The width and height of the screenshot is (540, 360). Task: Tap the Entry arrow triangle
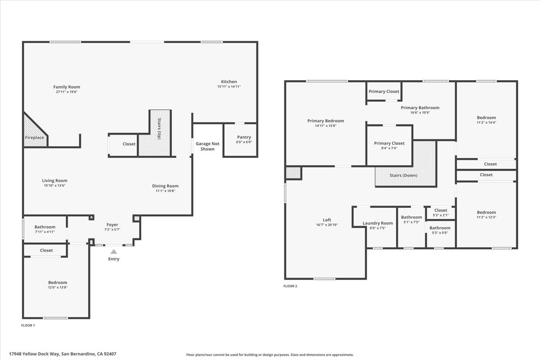click(x=114, y=252)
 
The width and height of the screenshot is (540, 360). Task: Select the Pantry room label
click(x=244, y=137)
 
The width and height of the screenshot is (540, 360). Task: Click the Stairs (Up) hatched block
click(x=155, y=135)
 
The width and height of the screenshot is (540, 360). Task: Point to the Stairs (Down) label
click(x=403, y=175)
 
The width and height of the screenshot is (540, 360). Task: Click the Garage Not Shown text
click(x=207, y=146)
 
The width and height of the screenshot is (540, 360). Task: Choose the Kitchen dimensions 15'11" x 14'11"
click(x=229, y=86)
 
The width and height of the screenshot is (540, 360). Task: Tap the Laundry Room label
click(x=378, y=223)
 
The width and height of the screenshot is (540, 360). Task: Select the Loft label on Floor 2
click(x=327, y=220)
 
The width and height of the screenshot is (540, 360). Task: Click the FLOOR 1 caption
click(x=28, y=325)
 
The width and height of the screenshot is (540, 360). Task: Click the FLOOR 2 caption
click(x=290, y=286)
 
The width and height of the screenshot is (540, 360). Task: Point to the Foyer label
click(x=112, y=225)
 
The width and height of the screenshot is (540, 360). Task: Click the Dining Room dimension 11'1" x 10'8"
click(x=165, y=191)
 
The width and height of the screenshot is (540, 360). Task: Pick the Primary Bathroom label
click(x=420, y=108)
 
